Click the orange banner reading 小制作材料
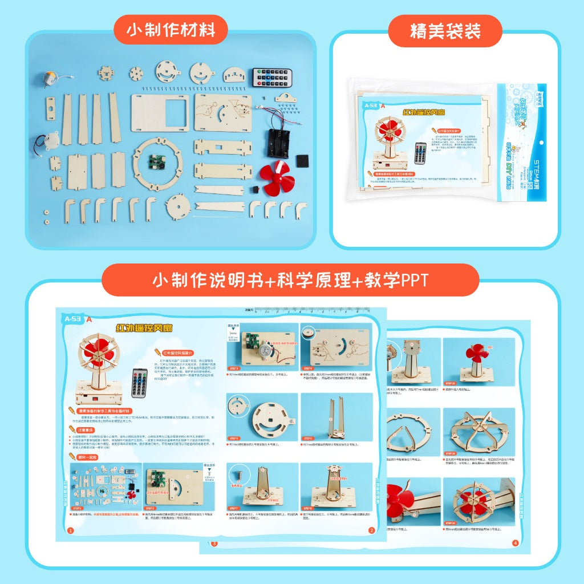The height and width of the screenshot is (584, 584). tap(171, 30)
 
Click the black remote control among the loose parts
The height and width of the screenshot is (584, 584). tap(273, 78)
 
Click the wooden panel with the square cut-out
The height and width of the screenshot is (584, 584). tap(160, 112)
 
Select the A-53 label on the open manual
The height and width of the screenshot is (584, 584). tap(74, 319)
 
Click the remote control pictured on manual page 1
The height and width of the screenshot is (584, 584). tap(139, 383)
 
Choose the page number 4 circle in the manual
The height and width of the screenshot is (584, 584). tap(515, 543)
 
